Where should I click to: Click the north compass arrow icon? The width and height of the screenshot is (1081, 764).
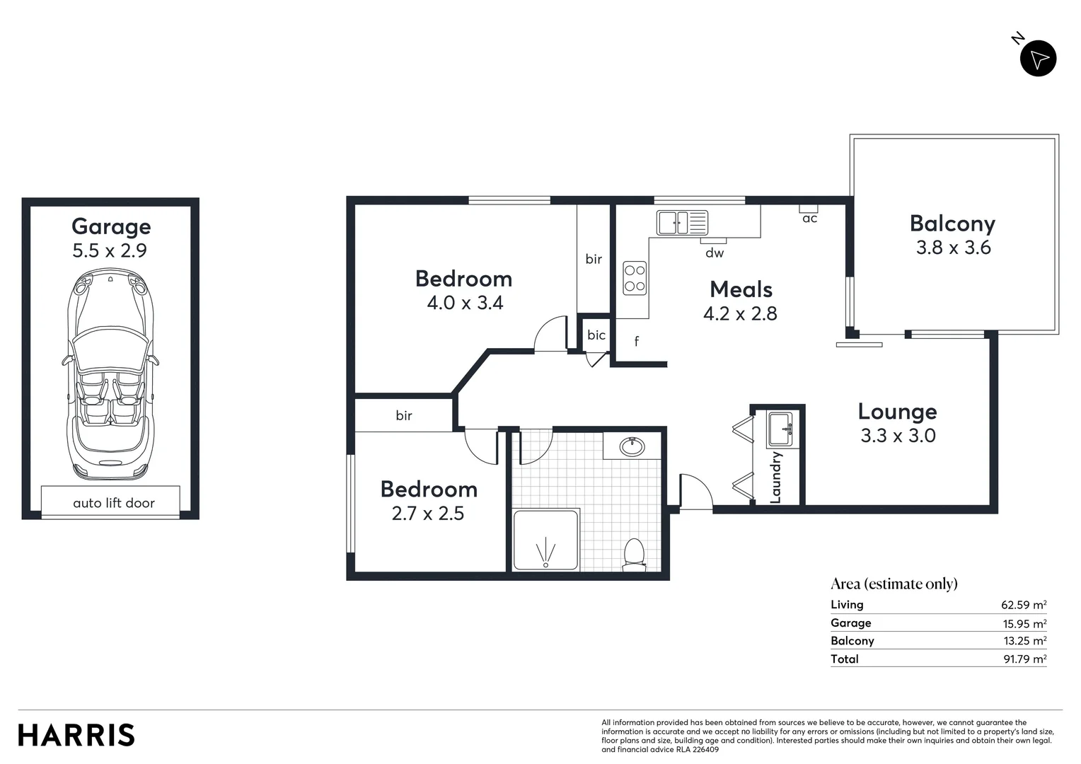pos(1038,59)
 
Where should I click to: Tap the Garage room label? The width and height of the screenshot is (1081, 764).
pos(111,226)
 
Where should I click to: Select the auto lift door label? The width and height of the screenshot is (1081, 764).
pos(114,503)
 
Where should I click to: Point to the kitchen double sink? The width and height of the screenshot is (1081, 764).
pos(681,223)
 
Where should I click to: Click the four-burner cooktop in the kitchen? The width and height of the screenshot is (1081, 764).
pos(635,278)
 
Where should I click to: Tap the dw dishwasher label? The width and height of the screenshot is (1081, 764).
pos(715,253)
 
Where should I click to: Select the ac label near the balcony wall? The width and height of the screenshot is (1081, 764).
pos(810,219)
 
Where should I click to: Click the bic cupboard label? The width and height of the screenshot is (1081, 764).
pos(596,335)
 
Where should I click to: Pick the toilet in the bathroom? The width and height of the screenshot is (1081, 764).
pos(633,554)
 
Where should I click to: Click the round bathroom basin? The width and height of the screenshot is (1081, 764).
pos(631,447)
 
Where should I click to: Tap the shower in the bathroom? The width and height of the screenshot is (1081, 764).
pos(546,540)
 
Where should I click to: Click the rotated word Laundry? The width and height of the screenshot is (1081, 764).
pos(775,477)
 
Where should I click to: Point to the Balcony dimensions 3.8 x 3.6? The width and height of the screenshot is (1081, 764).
pos(953,248)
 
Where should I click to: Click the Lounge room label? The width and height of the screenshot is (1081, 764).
pos(897,412)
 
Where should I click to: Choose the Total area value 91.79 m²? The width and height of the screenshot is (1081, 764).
pos(1023,659)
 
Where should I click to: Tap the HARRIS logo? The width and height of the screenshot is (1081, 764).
pos(76,735)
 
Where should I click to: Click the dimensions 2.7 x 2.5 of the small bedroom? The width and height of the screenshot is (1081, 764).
pos(428,514)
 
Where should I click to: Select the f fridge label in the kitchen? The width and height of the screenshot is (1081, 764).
pos(637,342)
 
